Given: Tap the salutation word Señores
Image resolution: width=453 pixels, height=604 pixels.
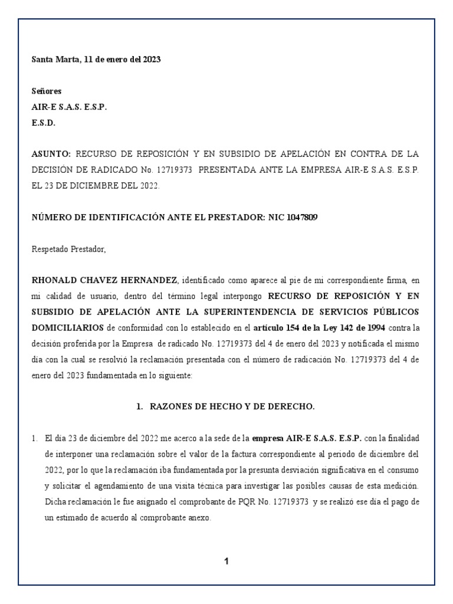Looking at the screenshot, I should point(46,91).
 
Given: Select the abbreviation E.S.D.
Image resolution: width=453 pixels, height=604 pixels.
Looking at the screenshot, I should point(43,122).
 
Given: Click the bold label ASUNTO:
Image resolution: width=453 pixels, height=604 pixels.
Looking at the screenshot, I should point(51,154).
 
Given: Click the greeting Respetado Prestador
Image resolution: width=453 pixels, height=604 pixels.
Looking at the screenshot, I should point(68,250).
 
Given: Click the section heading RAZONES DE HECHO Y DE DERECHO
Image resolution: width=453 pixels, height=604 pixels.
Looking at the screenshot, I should point(232,406).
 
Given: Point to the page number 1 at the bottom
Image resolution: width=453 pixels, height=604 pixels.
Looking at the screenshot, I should point(226,562).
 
